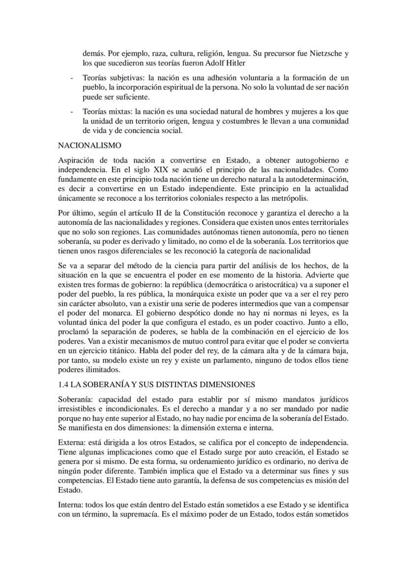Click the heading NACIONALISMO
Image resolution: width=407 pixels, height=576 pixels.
click(x=89, y=146)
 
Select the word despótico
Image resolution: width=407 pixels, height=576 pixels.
click(x=155, y=313)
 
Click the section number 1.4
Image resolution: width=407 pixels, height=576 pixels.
click(x=64, y=384)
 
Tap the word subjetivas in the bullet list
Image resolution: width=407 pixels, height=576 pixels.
click(x=125, y=78)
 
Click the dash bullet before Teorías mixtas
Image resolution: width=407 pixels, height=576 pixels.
click(x=72, y=111)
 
